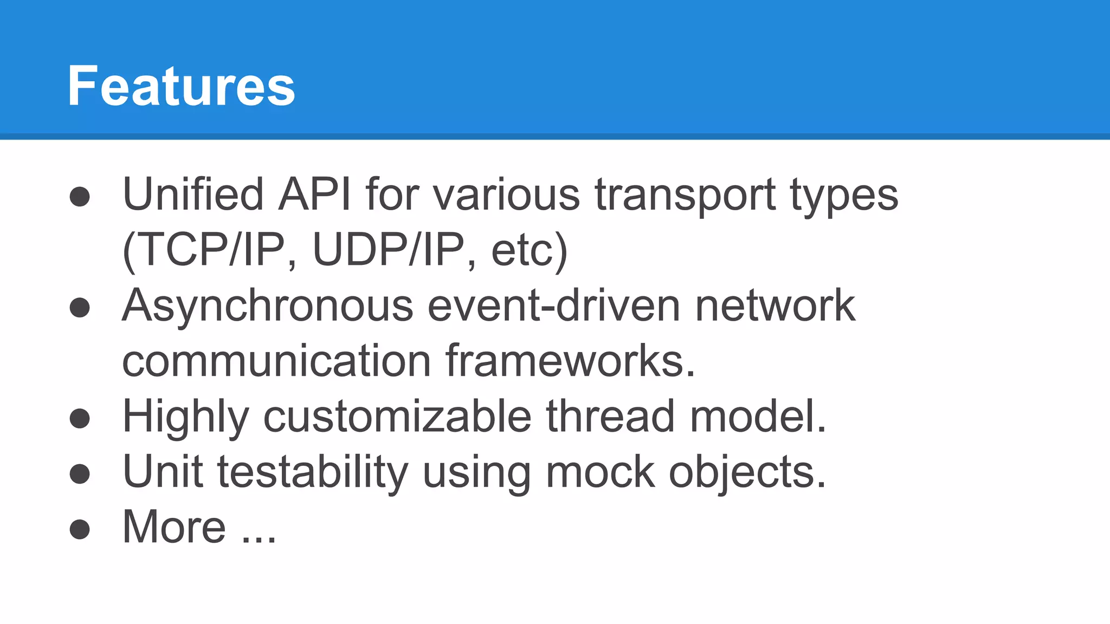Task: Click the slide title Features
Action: point(181,86)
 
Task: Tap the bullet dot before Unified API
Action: point(80,197)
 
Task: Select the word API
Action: point(314,194)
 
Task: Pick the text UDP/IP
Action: point(389,250)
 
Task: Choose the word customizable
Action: point(397,417)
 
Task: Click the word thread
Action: point(610,417)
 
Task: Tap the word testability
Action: point(313,472)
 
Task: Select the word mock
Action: point(600,472)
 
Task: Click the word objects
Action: point(746,472)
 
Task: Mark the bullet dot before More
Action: point(80,529)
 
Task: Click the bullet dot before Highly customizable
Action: point(80,419)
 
